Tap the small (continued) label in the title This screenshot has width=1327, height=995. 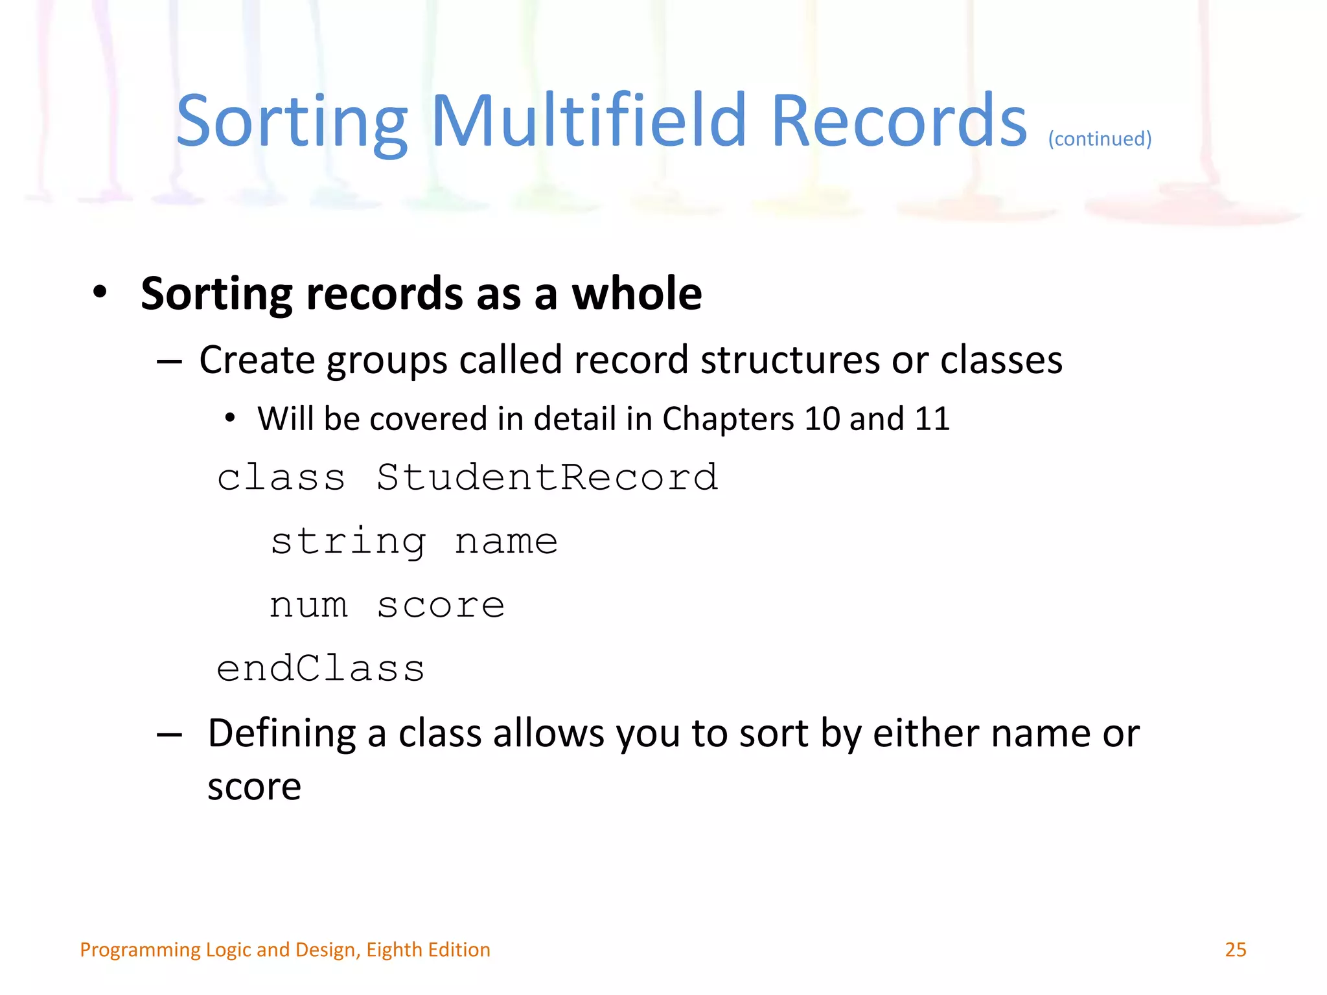tap(1100, 139)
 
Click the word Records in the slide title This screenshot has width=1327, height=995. tap(899, 121)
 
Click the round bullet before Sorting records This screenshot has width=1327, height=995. tap(99, 292)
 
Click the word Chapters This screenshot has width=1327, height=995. tap(728, 419)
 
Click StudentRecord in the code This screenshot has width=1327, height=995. tap(548, 478)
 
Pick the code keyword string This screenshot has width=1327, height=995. tap(349, 542)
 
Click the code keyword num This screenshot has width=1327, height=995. tap(308, 606)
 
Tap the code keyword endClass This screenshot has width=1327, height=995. tap(321, 669)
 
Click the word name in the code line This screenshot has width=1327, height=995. tap(506, 542)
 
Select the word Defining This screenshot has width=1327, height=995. tap(281, 734)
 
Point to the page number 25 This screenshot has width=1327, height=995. tap(1235, 950)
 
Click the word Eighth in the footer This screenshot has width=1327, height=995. tap(394, 950)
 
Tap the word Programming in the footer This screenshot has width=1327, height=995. tap(139, 950)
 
